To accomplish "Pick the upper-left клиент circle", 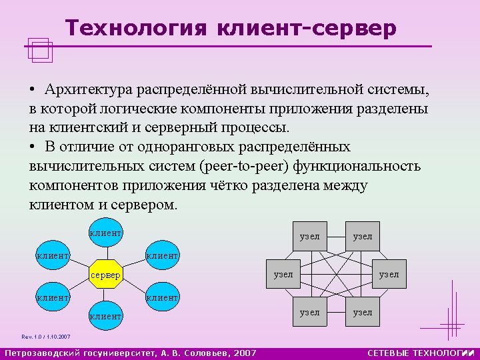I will click(53, 254).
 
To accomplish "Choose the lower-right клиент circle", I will click(161, 297).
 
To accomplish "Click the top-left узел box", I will click(310, 236).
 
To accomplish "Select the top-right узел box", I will click(363, 236).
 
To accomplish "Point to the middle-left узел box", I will click(283, 274).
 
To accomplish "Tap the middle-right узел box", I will click(389, 274).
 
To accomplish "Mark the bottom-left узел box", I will click(310, 311).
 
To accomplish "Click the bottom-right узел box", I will click(363, 311).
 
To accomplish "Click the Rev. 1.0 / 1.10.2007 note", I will click(45, 337).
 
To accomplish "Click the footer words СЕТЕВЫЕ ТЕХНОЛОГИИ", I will click(420, 353).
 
